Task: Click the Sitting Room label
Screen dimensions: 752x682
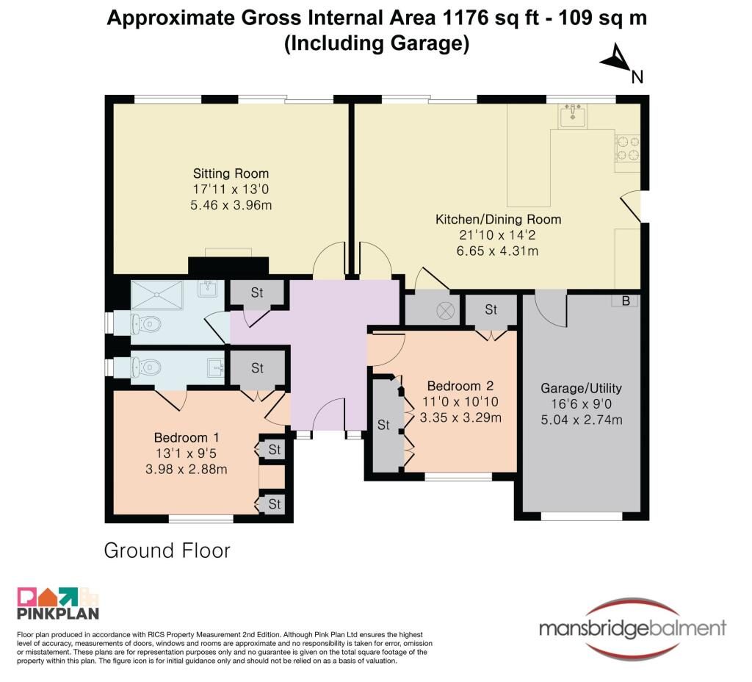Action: pyautogui.click(x=231, y=173)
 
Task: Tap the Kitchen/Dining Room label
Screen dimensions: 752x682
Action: pyautogui.click(x=498, y=220)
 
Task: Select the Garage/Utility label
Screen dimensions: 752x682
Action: pyautogui.click(x=582, y=388)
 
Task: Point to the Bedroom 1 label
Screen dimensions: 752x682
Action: pyautogui.click(x=187, y=438)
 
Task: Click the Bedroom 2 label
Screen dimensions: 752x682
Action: pyautogui.click(x=460, y=386)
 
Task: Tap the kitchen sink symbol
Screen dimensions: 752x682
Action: pyautogui.click(x=573, y=115)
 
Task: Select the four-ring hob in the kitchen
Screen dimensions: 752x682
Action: pyautogui.click(x=628, y=148)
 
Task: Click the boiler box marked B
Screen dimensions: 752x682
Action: pyautogui.click(x=626, y=301)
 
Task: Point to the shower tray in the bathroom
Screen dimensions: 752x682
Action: pyautogui.click(x=157, y=295)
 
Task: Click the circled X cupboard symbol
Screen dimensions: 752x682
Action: pyautogui.click(x=445, y=311)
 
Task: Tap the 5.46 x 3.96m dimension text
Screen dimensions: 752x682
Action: pyautogui.click(x=231, y=206)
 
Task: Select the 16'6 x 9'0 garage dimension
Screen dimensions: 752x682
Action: pyautogui.click(x=582, y=404)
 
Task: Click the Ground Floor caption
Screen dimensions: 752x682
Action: pyautogui.click(x=167, y=550)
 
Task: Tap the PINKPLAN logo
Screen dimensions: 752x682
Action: pyautogui.click(x=57, y=603)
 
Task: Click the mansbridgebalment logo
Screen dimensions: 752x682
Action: pyautogui.click(x=632, y=629)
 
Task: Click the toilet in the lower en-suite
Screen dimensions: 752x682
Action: pyautogui.click(x=145, y=367)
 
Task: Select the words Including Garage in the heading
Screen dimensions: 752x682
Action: pyautogui.click(x=377, y=43)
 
